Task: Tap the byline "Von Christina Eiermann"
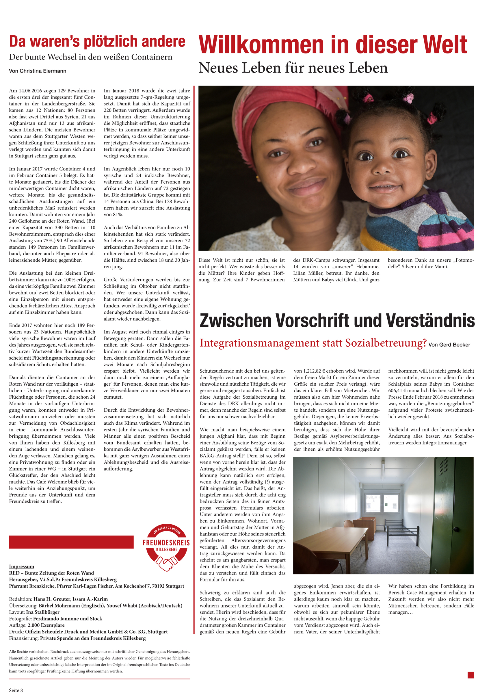point(38,71)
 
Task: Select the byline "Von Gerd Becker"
point(449,345)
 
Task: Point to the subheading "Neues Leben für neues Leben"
point(293,68)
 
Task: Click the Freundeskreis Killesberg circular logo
point(166,548)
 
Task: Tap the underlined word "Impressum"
point(21,567)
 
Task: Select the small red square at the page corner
point(470,675)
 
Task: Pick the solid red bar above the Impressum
point(71,542)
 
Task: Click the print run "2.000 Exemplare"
point(46,625)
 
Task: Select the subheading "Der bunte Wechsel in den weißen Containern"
point(90,57)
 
